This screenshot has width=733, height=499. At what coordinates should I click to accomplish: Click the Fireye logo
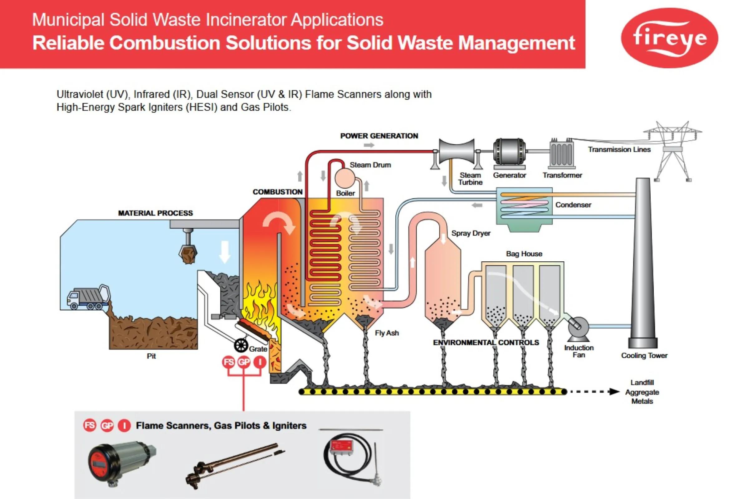[669, 38]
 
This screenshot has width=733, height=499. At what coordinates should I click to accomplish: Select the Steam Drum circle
[345, 178]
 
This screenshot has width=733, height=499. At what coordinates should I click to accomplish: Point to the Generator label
[509, 175]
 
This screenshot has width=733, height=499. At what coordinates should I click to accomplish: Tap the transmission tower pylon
[672, 151]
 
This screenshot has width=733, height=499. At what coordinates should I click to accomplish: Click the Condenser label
[573, 205]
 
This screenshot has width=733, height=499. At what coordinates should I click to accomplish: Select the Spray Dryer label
[471, 233]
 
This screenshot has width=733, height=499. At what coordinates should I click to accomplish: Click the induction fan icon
[578, 328]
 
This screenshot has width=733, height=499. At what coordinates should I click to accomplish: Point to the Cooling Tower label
[644, 356]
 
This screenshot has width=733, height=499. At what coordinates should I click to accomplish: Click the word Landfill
[642, 382]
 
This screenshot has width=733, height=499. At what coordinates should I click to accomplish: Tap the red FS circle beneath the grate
[228, 362]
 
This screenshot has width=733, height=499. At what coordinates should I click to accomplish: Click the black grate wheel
[241, 346]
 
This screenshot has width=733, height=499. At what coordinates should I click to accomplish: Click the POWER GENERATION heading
[379, 136]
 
